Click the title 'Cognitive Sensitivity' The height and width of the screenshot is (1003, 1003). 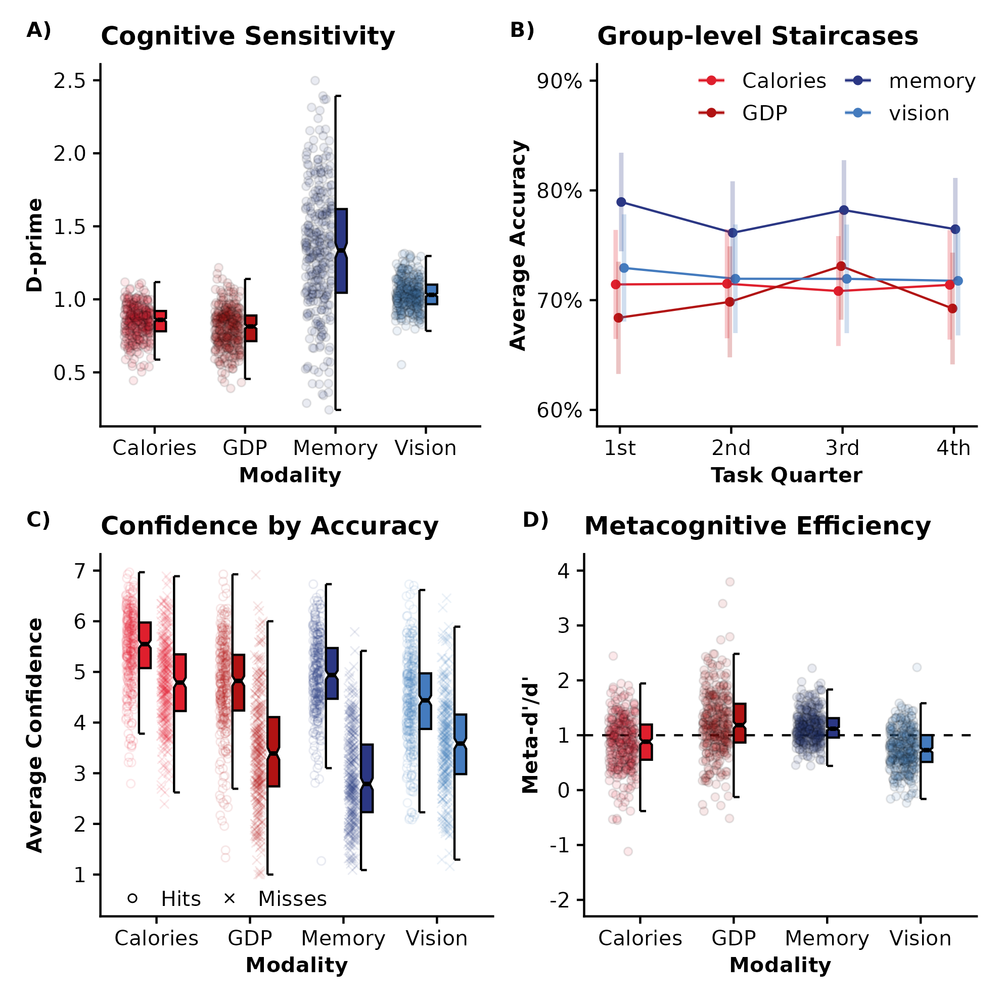point(248,36)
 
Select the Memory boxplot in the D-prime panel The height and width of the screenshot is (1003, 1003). point(341,251)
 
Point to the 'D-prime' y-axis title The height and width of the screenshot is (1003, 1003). point(35,245)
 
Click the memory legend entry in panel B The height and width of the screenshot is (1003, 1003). point(932,81)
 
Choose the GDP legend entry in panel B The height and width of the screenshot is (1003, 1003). point(764,113)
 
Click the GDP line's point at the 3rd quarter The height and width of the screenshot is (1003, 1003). point(841,266)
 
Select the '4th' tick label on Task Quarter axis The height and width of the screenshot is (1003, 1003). point(953,448)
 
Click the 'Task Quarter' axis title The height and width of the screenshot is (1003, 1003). point(786,476)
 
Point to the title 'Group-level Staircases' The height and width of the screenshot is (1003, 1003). point(757,36)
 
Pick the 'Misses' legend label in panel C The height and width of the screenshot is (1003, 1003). point(292,899)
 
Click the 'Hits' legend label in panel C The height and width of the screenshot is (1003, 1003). point(180,899)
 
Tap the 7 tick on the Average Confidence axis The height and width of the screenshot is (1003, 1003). point(79,572)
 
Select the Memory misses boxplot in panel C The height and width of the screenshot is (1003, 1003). point(367,778)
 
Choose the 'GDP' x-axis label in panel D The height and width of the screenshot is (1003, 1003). point(733,938)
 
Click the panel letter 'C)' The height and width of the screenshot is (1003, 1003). point(38,520)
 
